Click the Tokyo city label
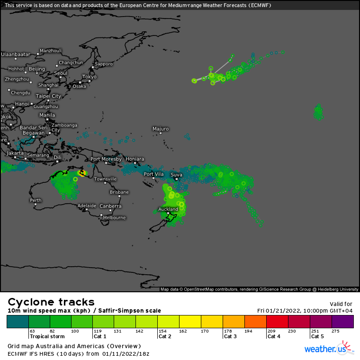[x=89, y=77]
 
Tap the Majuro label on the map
[x=161, y=129]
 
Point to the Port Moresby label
[x=106, y=159]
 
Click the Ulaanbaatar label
[x=15, y=54]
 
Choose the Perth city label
[x=36, y=200]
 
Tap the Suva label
[x=176, y=174]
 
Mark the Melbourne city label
[x=114, y=217]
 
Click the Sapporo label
[x=104, y=64]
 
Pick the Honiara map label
[x=135, y=159]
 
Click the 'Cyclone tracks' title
[x=51, y=302]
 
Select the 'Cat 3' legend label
[x=230, y=336]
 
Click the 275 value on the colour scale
[x=335, y=331]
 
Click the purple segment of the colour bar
[x=342, y=322]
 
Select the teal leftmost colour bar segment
[x=18, y=322]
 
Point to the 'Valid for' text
[x=341, y=304]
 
